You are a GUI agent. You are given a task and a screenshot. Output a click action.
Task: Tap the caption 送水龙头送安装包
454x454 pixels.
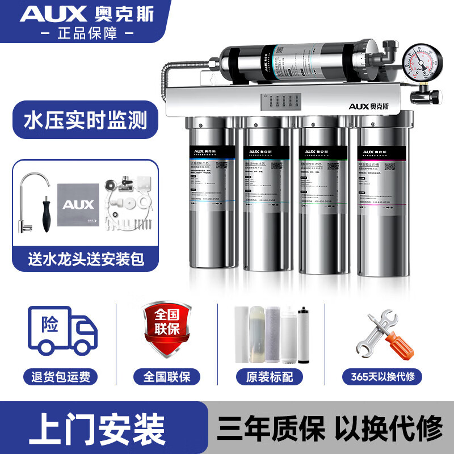pos(85,259)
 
